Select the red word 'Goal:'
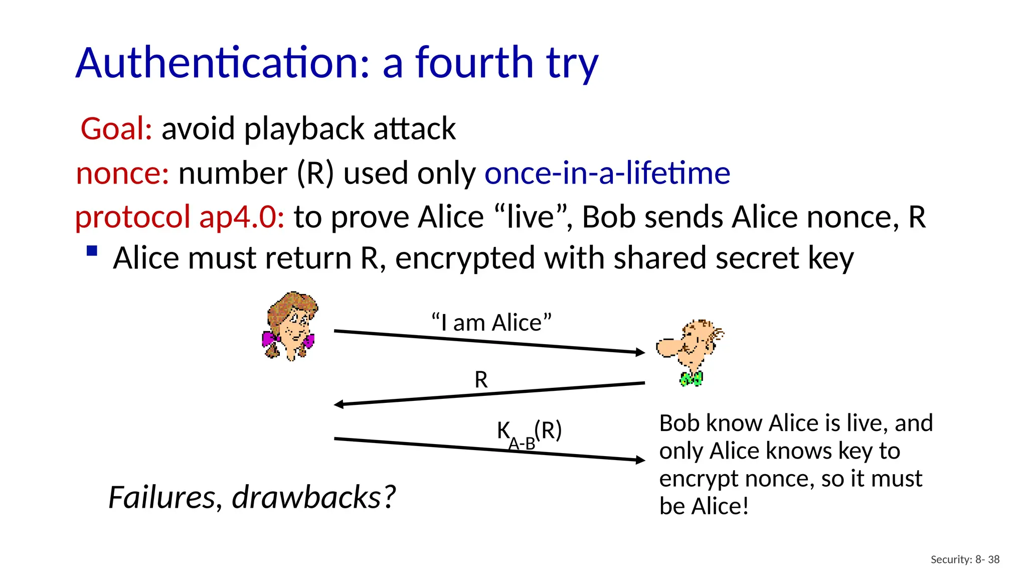pyautogui.click(x=116, y=128)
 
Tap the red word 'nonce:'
pyautogui.click(x=122, y=173)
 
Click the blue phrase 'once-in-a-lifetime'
pyautogui.click(x=607, y=173)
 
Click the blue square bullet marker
pyautogui.click(x=92, y=250)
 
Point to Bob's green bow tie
pyautogui.click(x=691, y=378)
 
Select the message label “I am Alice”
pyautogui.click(x=491, y=322)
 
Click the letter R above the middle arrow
pyautogui.click(x=481, y=380)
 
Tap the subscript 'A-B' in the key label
pyautogui.click(x=522, y=444)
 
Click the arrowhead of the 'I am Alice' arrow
pyautogui.click(x=640, y=352)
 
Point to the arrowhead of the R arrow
pyautogui.click(x=339, y=404)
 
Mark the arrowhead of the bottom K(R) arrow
pyautogui.click(x=640, y=460)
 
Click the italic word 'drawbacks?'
pyautogui.click(x=313, y=497)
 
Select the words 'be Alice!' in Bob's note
pyautogui.click(x=704, y=506)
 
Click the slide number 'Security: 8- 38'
pyautogui.click(x=965, y=559)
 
